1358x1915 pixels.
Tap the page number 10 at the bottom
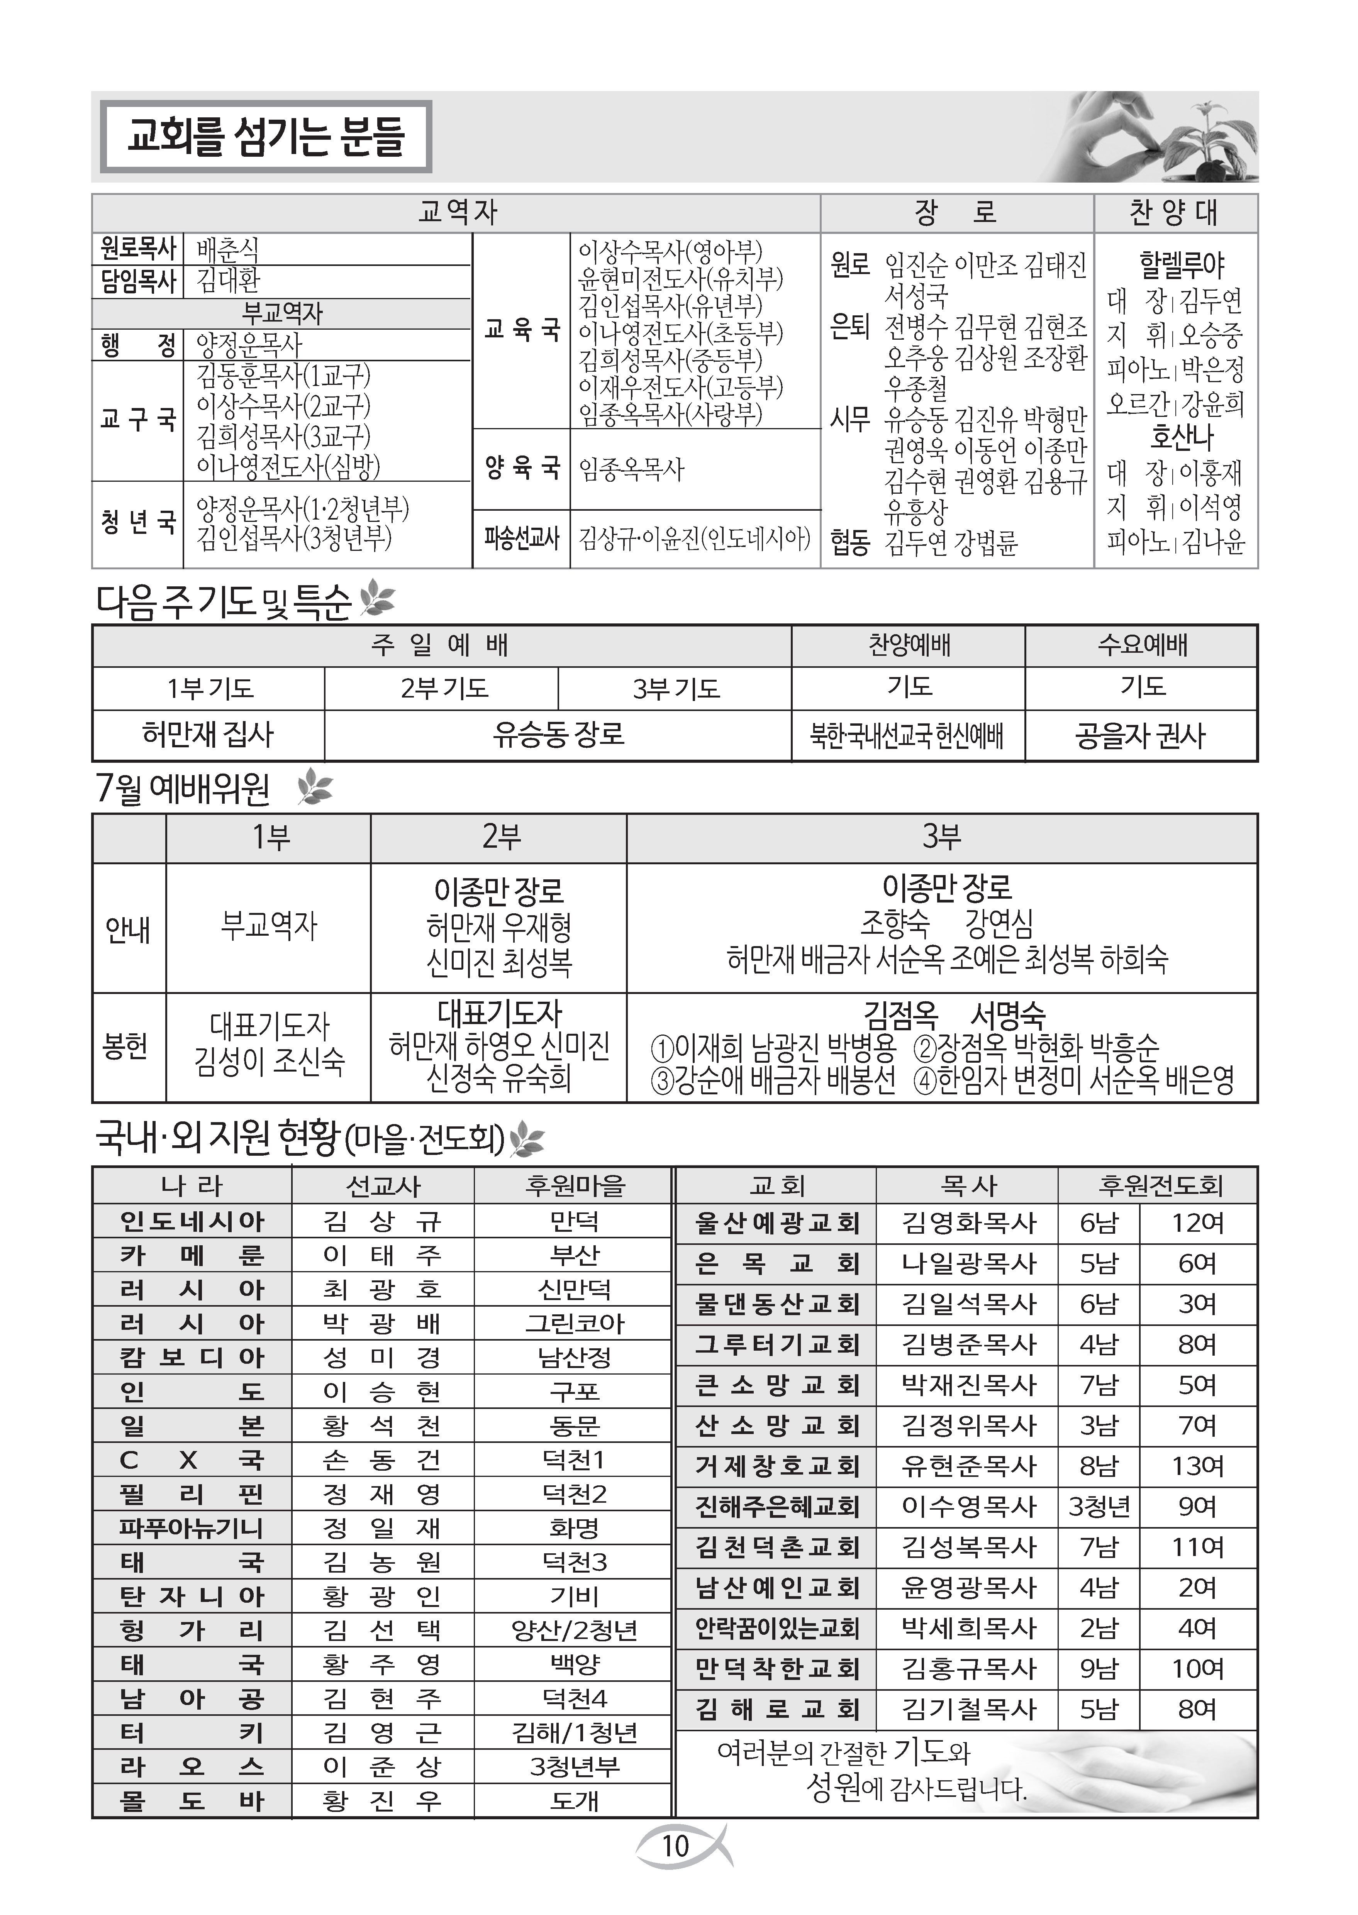click(x=675, y=1846)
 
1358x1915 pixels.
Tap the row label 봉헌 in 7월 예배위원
click(x=128, y=1046)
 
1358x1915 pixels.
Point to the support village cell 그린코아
click(x=575, y=1323)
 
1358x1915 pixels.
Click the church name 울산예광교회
click(x=776, y=1223)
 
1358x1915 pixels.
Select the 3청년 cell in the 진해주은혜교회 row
click(x=1099, y=1506)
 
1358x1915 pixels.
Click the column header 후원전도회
click(x=1159, y=1185)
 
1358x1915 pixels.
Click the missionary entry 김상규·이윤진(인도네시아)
click(x=694, y=538)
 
